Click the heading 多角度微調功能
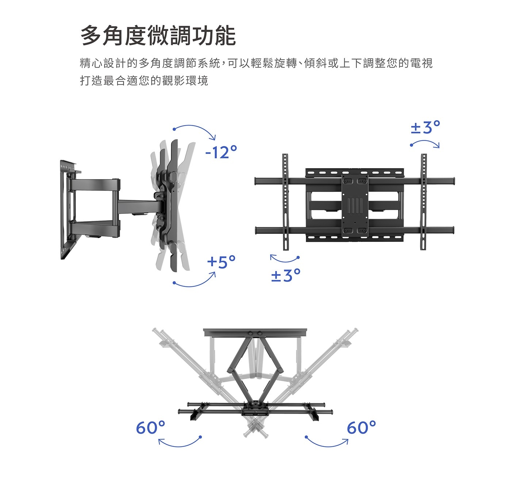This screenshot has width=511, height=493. coord(158,36)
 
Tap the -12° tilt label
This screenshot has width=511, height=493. coord(221,152)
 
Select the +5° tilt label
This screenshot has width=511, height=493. coord(221,262)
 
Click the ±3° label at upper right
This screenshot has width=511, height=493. coord(425,128)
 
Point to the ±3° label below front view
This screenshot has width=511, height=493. coord(286,275)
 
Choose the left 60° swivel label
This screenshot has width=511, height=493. coord(150,427)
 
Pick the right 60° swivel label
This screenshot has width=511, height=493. coord(361,427)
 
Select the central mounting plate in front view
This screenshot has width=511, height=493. coord(354,205)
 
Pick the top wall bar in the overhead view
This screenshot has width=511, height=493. coord(255,333)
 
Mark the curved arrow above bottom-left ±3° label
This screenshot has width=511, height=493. coord(285,259)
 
